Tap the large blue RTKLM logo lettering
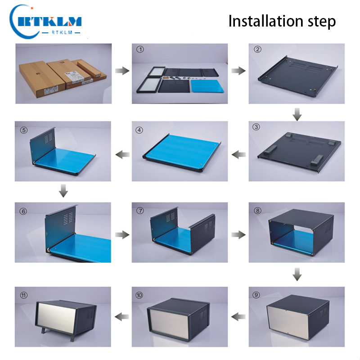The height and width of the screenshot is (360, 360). point(49,22)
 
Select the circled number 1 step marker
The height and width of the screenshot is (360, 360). point(140,49)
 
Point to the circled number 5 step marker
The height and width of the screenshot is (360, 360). point(24,130)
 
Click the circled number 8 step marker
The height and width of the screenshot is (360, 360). point(257,211)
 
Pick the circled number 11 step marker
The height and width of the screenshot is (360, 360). point(24,295)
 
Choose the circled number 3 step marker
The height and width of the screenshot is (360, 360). point(256,127)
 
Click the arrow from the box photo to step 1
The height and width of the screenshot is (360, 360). point(122,71)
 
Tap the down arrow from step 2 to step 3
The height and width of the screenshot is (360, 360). point(297,114)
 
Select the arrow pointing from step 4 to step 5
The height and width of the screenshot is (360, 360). point(122,154)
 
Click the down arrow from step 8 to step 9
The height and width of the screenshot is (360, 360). point(297,274)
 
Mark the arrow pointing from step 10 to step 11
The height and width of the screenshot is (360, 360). point(122,317)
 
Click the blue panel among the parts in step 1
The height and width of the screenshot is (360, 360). point(207,86)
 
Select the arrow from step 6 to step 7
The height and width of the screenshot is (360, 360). point(122,234)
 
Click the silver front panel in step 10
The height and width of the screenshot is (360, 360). point(168,323)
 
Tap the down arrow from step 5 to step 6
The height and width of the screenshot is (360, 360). point(63,190)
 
